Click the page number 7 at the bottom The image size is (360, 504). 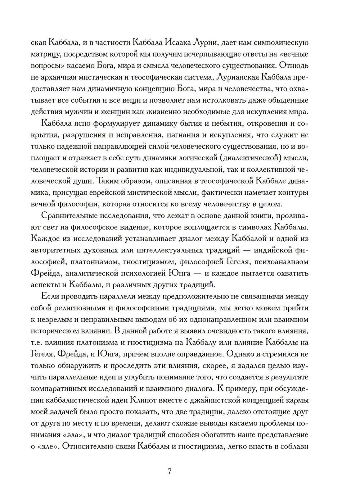coord(170,471)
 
